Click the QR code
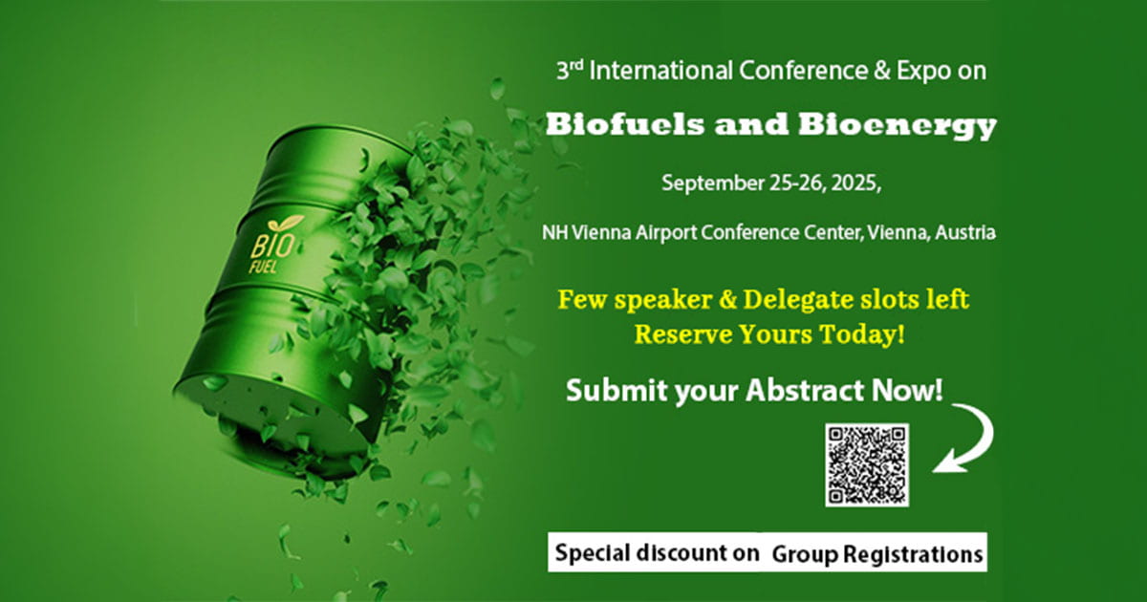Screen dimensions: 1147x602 click(x=867, y=464)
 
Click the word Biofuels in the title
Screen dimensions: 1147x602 click(x=625, y=124)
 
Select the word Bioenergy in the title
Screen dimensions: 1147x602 click(x=898, y=126)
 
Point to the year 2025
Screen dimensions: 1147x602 click(x=855, y=183)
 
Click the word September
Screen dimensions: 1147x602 click(x=713, y=183)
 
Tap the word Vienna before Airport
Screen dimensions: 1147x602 click(x=601, y=233)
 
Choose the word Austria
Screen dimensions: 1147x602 click(x=965, y=232)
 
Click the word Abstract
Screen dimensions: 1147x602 click(x=806, y=391)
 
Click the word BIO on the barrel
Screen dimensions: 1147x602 click(x=271, y=246)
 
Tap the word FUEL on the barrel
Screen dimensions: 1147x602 click(x=263, y=267)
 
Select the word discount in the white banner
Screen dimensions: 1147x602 click(x=697, y=553)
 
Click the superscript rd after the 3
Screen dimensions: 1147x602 click(x=576, y=65)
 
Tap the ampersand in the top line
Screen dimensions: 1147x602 click(x=882, y=71)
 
